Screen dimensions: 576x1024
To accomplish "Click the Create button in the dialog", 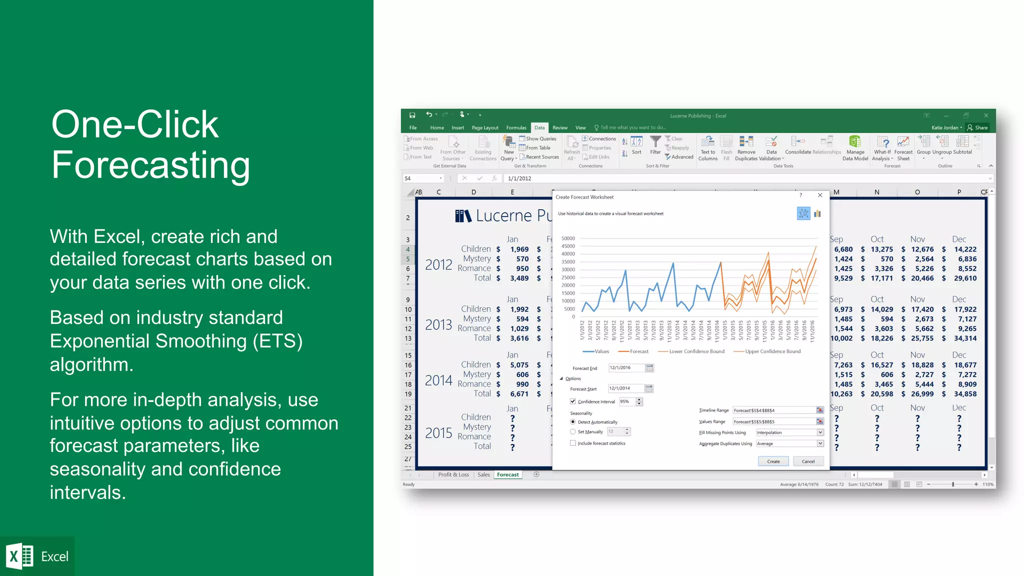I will [773, 461].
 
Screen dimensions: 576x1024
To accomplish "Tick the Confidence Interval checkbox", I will [573, 401].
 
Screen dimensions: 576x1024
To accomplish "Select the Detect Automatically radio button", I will [573, 422].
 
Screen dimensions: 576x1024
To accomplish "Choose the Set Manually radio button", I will [573, 431].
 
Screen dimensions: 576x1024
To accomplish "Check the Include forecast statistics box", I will [573, 443].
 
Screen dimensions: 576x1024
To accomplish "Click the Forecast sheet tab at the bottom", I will [507, 474].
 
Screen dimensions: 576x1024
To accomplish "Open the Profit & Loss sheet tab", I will [453, 474].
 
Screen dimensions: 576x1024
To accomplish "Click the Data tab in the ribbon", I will [539, 127].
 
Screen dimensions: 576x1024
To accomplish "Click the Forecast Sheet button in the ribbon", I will [903, 147].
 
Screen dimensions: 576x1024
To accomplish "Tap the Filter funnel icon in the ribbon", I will [655, 142].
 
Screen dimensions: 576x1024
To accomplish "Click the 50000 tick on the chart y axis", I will [568, 238].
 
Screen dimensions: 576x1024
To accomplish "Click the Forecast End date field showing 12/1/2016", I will [626, 368].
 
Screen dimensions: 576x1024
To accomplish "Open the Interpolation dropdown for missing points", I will [820, 432].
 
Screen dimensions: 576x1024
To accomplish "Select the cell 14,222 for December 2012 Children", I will [965, 249].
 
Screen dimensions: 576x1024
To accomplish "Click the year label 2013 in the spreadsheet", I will [438, 325].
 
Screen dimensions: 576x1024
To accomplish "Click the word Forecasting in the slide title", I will [150, 165].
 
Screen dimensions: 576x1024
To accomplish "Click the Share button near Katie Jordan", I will [977, 127].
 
